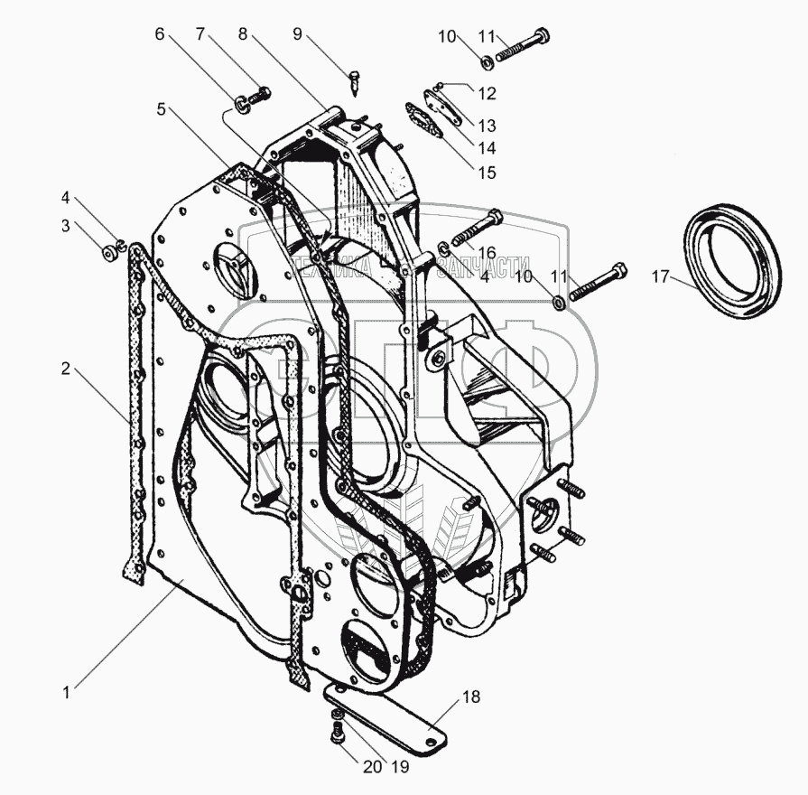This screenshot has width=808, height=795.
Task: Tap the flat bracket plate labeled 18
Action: pos(388,714)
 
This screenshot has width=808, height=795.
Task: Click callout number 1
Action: pos(67,694)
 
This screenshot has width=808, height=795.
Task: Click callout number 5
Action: pos(161,109)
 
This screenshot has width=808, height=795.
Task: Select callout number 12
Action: pos(488,92)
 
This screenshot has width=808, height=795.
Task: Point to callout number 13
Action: pos(488,125)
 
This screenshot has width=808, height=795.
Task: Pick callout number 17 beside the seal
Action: pos(661,277)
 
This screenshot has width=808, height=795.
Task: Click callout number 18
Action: pos(473,697)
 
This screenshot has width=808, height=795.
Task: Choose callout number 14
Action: pos(488,146)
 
